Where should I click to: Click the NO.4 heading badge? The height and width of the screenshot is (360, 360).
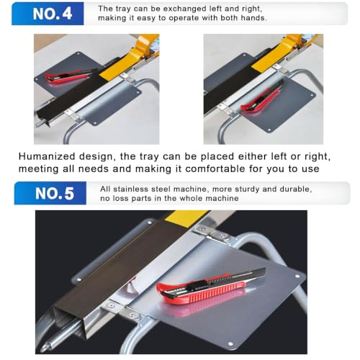click(48, 14)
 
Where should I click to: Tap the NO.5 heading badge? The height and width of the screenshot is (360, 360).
click(50, 193)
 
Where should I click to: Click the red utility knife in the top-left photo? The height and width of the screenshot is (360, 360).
click(68, 76)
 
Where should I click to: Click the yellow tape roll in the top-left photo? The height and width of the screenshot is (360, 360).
click(135, 58)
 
